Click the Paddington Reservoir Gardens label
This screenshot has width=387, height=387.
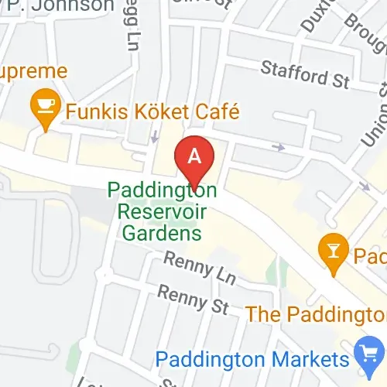tap(162, 211)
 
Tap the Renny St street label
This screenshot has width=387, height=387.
tap(193, 300)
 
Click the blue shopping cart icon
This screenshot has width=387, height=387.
tap(365, 357)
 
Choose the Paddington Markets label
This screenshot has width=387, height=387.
tap(252, 359)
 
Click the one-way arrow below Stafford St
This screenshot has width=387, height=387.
tap(277, 146)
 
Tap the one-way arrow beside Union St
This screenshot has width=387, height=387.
tap(365, 187)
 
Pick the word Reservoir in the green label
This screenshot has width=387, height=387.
tap(162, 211)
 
